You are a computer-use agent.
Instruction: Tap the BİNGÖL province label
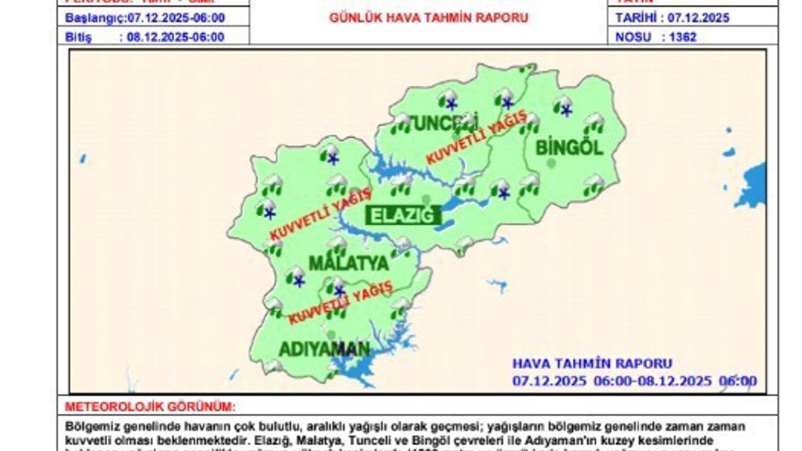569,148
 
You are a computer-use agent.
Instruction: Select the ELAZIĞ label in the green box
403,216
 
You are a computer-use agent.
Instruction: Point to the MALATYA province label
348,264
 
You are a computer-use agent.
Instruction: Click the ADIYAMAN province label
324,349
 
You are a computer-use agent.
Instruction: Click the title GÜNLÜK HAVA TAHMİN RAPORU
429,18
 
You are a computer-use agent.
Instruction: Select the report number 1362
682,37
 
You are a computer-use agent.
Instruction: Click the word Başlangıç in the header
95,18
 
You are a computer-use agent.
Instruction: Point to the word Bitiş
78,37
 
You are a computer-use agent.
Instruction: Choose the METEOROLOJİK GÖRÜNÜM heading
150,407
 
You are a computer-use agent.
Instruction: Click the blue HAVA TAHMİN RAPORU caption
592,363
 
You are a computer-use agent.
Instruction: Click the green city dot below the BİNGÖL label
551,163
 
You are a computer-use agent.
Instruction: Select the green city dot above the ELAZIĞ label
426,199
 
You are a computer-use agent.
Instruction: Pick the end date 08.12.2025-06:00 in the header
175,37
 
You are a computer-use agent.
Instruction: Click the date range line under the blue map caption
634,381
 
